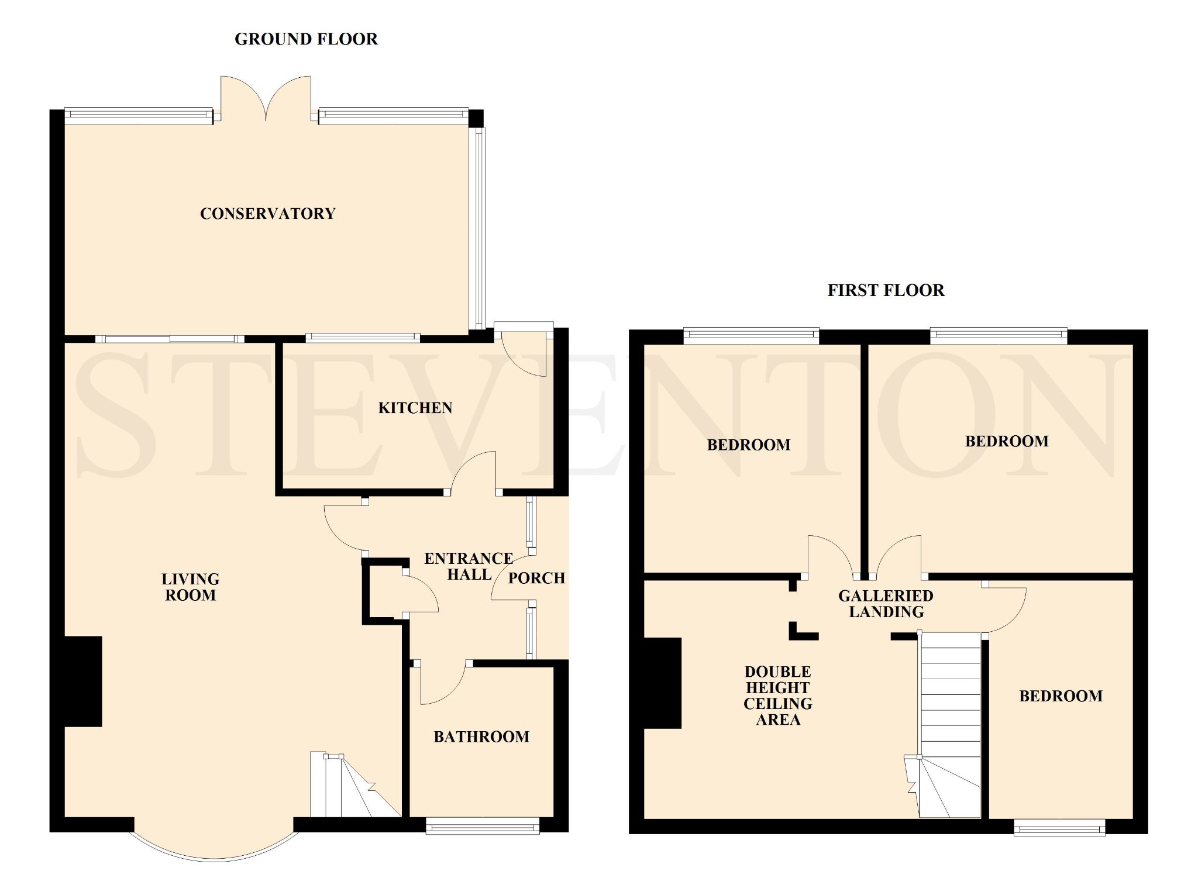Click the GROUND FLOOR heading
306,39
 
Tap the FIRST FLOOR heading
886,291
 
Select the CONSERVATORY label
268,214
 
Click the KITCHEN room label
415,408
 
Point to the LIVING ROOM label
191,587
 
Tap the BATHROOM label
481,736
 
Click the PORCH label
536,579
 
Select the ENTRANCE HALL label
469,566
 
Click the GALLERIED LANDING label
886,604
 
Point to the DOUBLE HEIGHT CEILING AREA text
778,696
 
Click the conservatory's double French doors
266,98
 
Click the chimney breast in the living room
83,681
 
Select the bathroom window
483,827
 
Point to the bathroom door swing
442,684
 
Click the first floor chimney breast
663,683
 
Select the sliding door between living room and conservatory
170,339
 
